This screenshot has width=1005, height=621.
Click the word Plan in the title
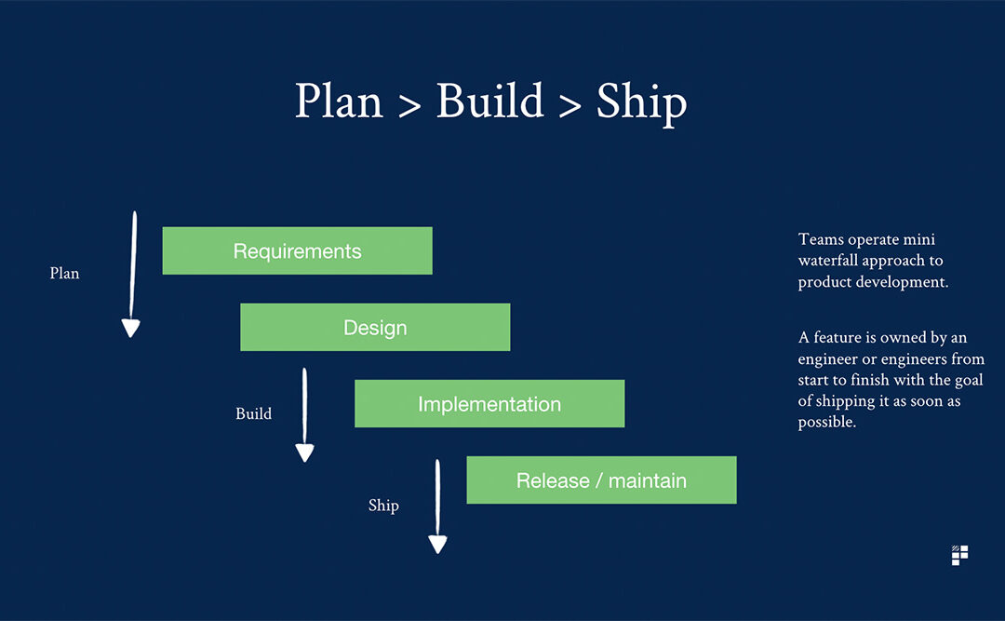(339, 101)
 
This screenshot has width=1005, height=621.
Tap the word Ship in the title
(641, 104)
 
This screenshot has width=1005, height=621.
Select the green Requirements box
(298, 250)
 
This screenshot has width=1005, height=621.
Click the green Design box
(375, 327)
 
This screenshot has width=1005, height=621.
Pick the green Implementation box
(489, 403)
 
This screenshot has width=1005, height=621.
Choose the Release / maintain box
(601, 479)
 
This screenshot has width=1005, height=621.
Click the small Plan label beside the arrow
(65, 274)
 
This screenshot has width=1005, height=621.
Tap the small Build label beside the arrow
(254, 413)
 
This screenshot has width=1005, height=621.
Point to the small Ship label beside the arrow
(383, 506)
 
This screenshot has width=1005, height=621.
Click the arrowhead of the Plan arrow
(131, 328)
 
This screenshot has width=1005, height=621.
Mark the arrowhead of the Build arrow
(304, 452)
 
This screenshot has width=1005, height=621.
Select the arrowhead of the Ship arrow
(437, 545)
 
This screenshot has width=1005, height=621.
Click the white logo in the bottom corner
(959, 556)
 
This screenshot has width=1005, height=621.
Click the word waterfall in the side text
(828, 261)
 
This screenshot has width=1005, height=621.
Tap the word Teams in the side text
(821, 239)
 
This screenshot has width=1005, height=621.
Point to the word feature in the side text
(837, 337)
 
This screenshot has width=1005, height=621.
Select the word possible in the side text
(827, 423)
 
